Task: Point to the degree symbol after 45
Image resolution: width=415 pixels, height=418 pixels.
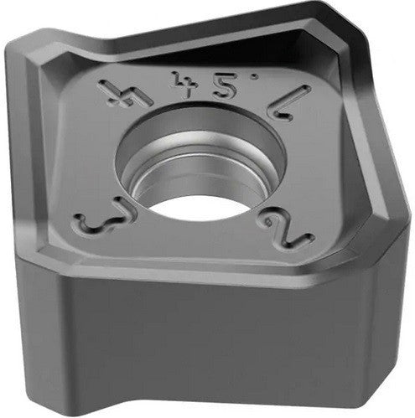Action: [241, 85]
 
